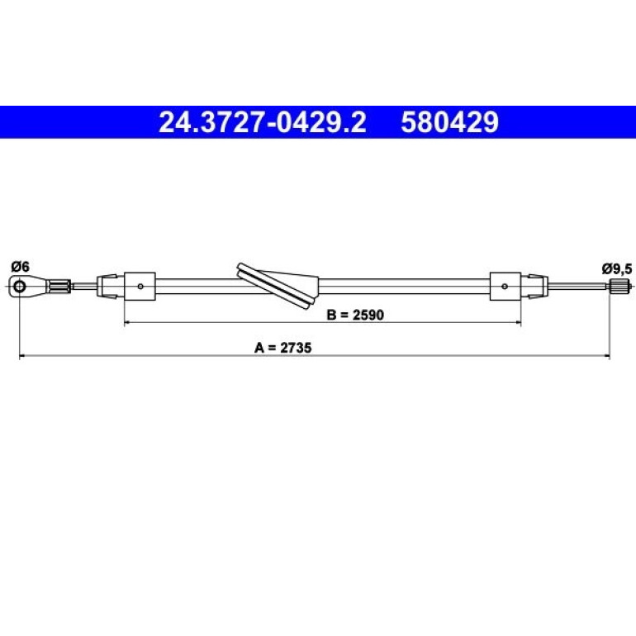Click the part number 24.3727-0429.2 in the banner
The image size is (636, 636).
pyautogui.click(x=262, y=122)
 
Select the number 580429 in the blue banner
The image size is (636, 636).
pyautogui.click(x=449, y=122)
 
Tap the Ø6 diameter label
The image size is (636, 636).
pyautogui.click(x=21, y=267)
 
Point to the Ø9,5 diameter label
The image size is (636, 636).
pyautogui.click(x=617, y=268)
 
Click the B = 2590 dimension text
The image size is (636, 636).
pyautogui.click(x=355, y=315)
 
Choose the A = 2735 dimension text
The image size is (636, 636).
pyautogui.click(x=282, y=348)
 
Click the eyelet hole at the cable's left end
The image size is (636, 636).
pyautogui.click(x=19, y=287)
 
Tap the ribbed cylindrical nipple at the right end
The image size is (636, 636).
pyautogui.click(x=618, y=287)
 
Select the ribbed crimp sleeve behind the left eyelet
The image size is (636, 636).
pyautogui.click(x=59, y=287)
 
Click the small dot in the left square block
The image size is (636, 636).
pyautogui.click(x=140, y=287)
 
